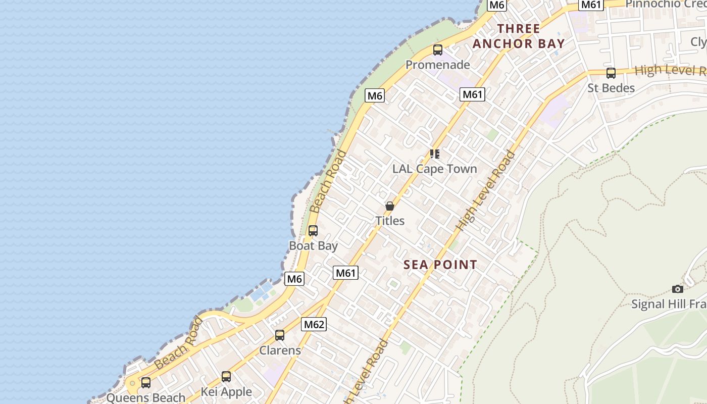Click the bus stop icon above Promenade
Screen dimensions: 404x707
[438, 50]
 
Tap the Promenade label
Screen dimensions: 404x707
[438, 65]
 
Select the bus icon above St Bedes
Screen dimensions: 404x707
[611, 73]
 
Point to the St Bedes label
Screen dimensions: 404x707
[611, 88]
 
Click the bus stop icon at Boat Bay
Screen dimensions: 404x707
[313, 231]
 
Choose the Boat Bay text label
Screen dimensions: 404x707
[313, 245]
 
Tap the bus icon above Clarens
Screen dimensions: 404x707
[280, 335]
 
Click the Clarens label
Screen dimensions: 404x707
[280, 350]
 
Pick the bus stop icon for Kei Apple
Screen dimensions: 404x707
[226, 377]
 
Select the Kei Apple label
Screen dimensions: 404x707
[226, 391]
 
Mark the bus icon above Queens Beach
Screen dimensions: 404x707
[146, 383]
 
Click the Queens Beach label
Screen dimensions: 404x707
[146, 397]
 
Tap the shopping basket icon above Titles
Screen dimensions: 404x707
[390, 206]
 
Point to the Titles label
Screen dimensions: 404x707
[390, 221]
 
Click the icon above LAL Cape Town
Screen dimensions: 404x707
[435, 154]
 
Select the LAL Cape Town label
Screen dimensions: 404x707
[435, 169]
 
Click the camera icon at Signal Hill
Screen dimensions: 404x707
[678, 289]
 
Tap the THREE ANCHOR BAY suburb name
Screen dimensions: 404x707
[519, 36]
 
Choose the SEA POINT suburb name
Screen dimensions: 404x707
[441, 265]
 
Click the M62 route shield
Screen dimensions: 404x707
[314, 324]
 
